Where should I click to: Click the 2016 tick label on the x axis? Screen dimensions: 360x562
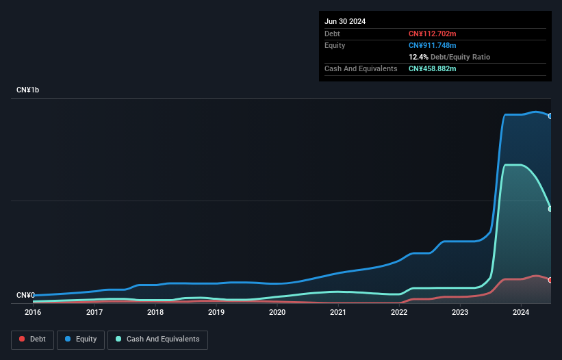click(x=33, y=313)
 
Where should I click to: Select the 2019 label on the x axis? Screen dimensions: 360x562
click(x=216, y=313)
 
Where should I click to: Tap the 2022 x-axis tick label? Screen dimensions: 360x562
click(x=399, y=313)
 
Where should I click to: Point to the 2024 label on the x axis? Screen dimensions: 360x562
click(x=521, y=313)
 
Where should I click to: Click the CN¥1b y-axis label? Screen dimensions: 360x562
click(x=28, y=90)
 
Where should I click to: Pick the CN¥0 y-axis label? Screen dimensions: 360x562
click(x=26, y=295)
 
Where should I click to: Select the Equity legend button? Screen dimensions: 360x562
click(x=80, y=339)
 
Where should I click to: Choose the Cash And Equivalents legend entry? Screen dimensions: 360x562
click(x=157, y=339)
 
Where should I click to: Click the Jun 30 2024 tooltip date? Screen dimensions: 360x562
click(x=345, y=21)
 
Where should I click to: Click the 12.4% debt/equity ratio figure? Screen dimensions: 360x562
click(x=419, y=57)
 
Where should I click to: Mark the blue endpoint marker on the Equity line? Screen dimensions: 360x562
click(x=550, y=116)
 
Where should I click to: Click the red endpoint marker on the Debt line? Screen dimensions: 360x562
click(x=550, y=280)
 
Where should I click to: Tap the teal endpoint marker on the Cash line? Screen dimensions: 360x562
click(x=550, y=209)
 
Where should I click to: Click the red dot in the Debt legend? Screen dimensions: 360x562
click(x=23, y=339)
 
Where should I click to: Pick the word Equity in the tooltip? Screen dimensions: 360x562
click(x=335, y=45)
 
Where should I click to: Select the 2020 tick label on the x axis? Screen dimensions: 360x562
click(x=277, y=313)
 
